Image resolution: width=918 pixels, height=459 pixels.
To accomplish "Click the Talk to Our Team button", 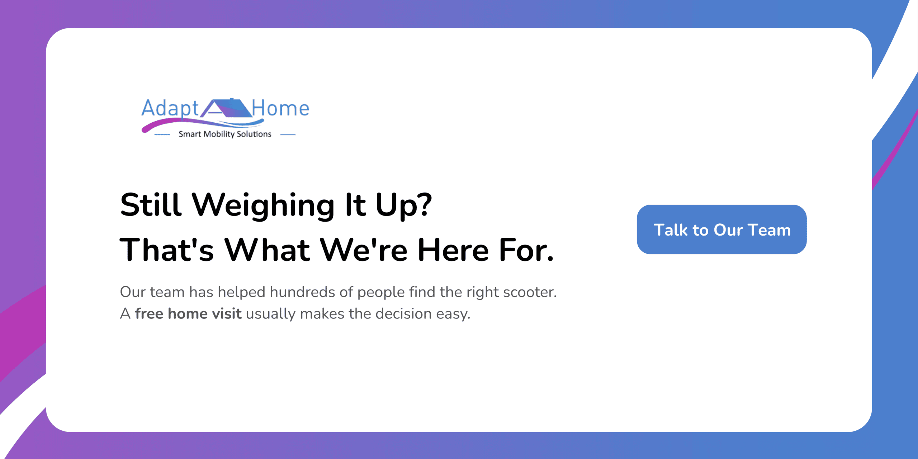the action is click(x=721, y=229).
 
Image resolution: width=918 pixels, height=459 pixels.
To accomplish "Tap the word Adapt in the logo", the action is click(x=170, y=109).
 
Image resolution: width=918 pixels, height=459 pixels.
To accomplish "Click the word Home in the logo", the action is click(x=280, y=108).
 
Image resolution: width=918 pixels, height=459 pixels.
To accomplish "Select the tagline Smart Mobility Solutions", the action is click(x=225, y=134).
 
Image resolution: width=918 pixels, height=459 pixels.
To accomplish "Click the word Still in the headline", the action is click(x=151, y=204).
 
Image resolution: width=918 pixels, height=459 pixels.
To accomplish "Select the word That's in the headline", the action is click(x=167, y=250).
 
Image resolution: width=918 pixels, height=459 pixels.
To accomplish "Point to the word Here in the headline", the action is click(x=453, y=250).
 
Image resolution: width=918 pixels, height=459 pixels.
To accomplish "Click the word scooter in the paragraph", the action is click(x=530, y=292).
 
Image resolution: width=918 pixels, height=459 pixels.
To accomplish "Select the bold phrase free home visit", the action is click(x=188, y=313).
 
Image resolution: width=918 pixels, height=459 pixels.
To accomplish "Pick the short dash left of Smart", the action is click(x=162, y=135).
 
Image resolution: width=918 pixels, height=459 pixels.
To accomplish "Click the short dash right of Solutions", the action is click(x=288, y=135).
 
